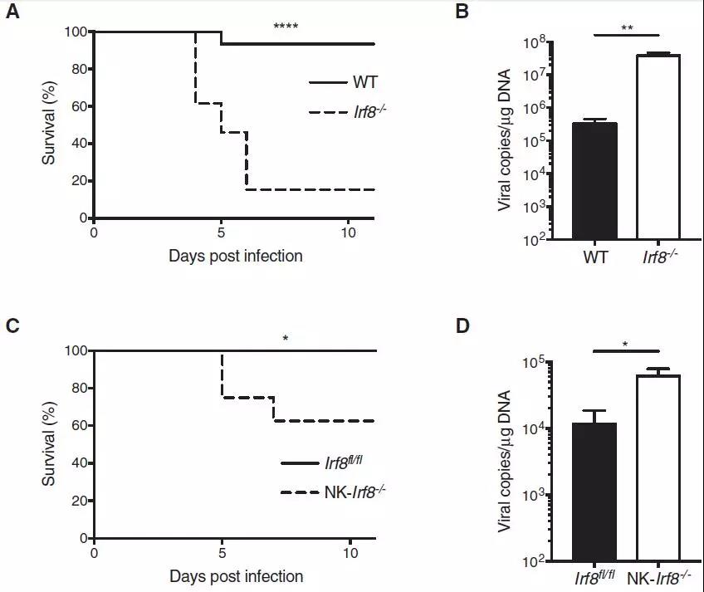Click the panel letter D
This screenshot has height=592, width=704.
(x=464, y=324)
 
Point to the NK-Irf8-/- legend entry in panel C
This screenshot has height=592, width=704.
(x=331, y=492)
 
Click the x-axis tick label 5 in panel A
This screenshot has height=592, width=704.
(x=222, y=232)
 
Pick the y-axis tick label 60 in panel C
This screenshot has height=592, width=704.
(x=78, y=425)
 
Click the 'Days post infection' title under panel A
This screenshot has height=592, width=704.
(x=236, y=256)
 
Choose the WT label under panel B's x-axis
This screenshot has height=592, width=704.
(x=594, y=258)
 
